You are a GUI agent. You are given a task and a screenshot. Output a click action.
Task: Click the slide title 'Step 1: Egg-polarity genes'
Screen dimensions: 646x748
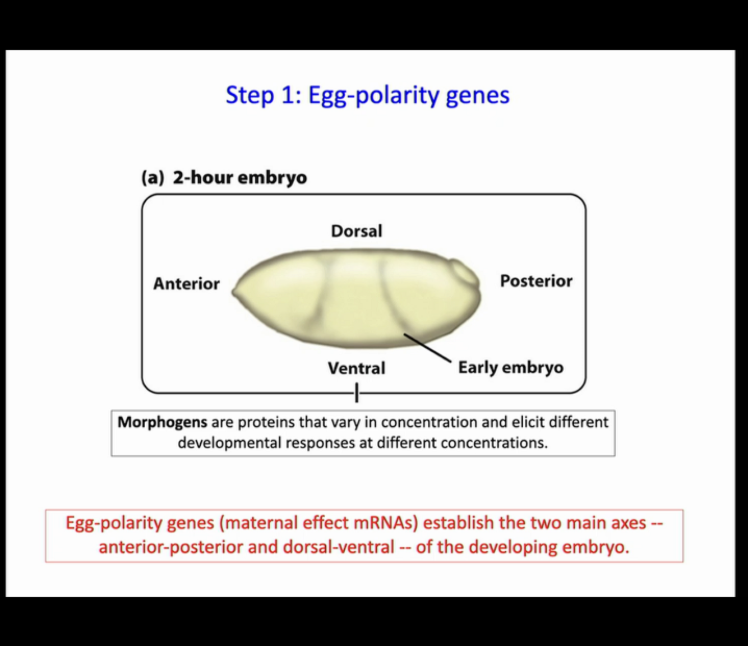367,95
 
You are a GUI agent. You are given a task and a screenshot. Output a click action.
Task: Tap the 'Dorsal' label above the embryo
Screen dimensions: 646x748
357,231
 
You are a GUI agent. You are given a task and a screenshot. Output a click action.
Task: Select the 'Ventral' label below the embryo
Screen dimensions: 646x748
357,368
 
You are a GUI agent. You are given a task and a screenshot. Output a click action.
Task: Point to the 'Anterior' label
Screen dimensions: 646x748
186,284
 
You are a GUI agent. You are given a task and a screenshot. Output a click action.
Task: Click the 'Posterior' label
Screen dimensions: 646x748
536,281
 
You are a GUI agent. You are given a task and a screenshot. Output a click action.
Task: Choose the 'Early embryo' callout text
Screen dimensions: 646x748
510,367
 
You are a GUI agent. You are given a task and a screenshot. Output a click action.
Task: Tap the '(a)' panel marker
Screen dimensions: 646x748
153,178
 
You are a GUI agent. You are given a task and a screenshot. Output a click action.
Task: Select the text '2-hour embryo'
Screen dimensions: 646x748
240,178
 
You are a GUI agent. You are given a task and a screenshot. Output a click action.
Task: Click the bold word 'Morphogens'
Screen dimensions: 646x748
162,422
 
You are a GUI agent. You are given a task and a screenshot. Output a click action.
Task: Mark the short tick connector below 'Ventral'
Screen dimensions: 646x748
357,393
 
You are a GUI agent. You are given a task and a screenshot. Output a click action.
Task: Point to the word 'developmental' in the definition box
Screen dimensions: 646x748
229,443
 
